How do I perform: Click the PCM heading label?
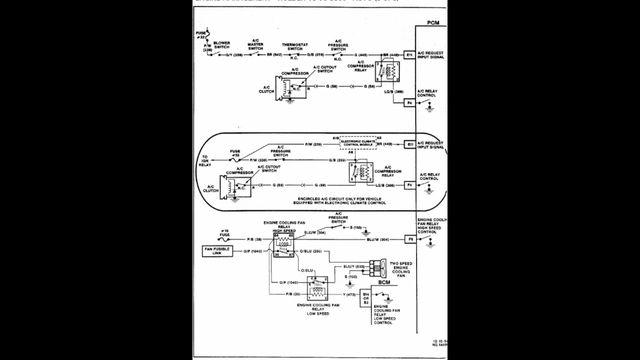point(433,23)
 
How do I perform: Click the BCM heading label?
point(384,282)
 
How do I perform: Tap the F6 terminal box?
point(410,239)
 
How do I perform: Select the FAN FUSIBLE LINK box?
point(217,251)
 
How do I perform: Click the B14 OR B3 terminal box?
point(365,298)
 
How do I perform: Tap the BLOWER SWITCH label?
point(221,45)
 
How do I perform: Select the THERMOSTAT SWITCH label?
point(294,46)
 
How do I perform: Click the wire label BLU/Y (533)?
point(353,266)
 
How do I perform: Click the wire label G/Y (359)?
point(234,54)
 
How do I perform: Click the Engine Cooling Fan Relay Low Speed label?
point(318,309)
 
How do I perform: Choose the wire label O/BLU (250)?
point(311,251)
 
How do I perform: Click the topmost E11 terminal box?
point(409,54)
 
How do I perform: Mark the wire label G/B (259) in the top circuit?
point(316,54)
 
